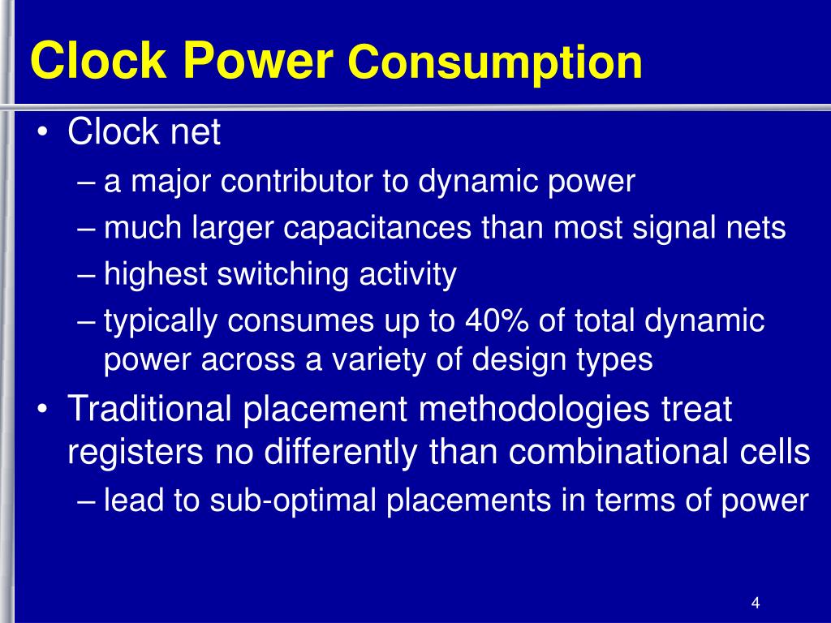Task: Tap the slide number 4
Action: pos(756,603)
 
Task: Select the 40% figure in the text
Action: pos(493,321)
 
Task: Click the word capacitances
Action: pos(378,228)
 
